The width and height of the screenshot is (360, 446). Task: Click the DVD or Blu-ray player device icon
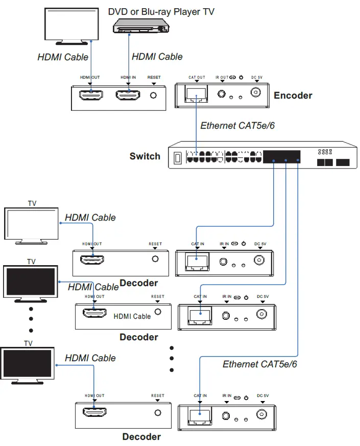tap(140, 27)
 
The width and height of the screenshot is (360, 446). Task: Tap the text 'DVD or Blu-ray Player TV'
tap(161, 11)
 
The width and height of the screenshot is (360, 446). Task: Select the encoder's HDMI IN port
tap(128, 95)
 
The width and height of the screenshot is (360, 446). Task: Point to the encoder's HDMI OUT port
tap(90, 95)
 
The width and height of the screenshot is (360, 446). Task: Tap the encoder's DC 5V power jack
tap(256, 93)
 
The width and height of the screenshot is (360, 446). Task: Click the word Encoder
tap(293, 96)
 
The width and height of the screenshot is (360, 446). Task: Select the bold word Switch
tap(145, 156)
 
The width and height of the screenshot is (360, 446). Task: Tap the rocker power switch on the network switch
tap(178, 158)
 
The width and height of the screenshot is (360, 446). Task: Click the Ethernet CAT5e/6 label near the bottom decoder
tap(259, 364)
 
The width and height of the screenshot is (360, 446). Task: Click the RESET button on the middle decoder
tap(158, 311)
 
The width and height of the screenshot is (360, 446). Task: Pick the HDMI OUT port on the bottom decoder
tap(95, 413)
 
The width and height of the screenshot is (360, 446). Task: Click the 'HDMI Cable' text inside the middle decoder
tap(132, 316)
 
